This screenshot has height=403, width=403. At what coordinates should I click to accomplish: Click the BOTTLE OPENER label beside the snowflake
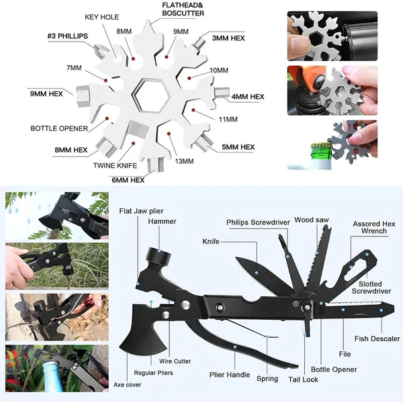58,128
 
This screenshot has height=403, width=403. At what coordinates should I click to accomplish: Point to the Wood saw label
312,219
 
